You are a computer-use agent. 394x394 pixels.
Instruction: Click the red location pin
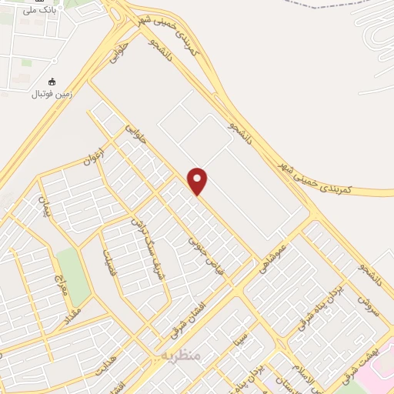198,181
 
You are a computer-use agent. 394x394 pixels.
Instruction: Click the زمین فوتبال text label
52,94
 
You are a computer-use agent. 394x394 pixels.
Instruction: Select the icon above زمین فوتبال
52,82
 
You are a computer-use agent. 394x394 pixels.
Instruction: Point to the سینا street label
242,336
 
